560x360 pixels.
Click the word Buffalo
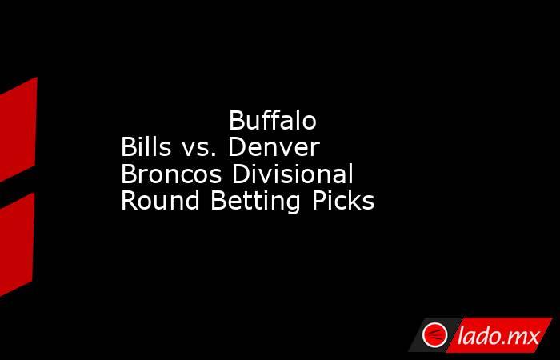(x=273, y=120)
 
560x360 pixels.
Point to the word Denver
(x=274, y=146)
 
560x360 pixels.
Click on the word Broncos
(x=171, y=174)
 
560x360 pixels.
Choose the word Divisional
(x=293, y=174)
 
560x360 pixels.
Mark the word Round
(x=160, y=200)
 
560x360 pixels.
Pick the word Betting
(x=255, y=202)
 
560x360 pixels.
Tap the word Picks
(x=343, y=200)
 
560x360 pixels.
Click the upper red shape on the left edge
(x=18, y=130)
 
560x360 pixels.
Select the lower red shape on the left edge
(x=17, y=245)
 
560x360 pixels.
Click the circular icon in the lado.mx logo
(x=434, y=335)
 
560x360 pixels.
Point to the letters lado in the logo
(x=478, y=335)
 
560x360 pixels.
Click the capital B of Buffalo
(x=237, y=121)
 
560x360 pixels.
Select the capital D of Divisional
(x=241, y=174)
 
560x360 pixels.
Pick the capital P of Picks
(x=319, y=200)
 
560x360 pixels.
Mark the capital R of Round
(x=130, y=200)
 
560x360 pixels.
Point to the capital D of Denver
(x=238, y=147)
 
